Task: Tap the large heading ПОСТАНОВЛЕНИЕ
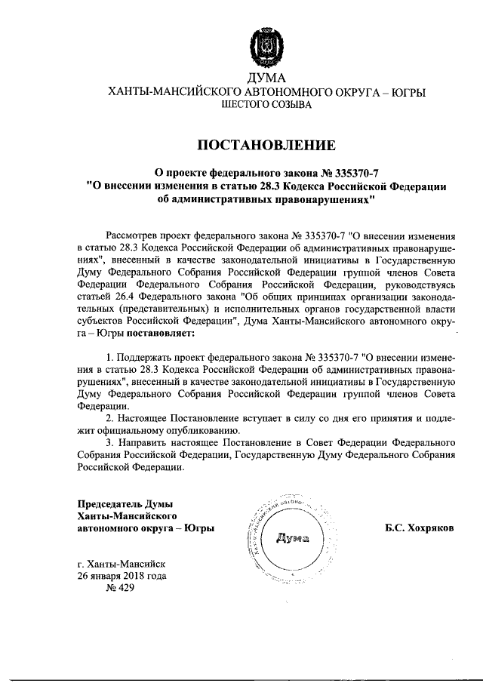coord(266,145)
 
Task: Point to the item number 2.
coord(109,417)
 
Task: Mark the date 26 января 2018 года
coord(122,577)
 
